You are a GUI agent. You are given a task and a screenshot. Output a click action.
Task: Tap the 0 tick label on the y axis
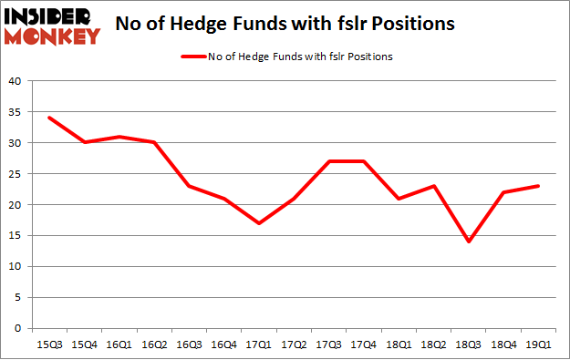(17, 328)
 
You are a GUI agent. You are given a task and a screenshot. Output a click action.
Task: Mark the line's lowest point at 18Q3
(469, 242)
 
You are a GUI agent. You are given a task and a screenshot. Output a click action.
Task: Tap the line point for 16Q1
(119, 137)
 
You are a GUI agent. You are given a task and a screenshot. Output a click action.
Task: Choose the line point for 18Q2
(434, 186)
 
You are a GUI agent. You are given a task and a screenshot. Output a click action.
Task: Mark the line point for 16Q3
(189, 186)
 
